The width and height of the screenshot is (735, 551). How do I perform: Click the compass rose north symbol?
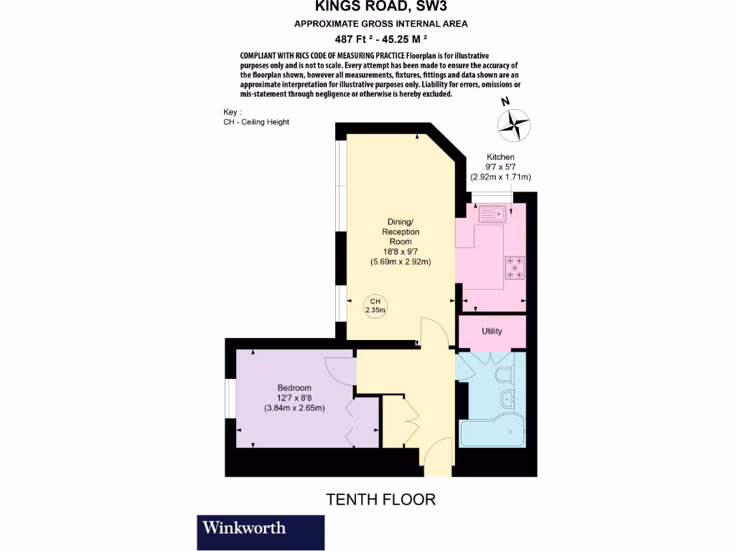pos(514,123)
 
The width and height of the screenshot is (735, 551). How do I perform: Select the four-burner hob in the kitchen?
pos(515,266)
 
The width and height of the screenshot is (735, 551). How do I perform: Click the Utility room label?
pos(492,331)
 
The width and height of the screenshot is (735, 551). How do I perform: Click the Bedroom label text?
pos(294,388)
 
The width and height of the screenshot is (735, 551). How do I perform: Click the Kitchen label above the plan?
pos(500,157)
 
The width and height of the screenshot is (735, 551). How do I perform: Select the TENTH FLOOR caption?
pos(381,499)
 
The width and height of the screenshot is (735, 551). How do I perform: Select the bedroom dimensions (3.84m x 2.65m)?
pos(294,408)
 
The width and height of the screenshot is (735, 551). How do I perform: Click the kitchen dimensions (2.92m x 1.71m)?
pos(500,177)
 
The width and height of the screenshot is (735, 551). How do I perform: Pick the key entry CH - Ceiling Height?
pos(256,122)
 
